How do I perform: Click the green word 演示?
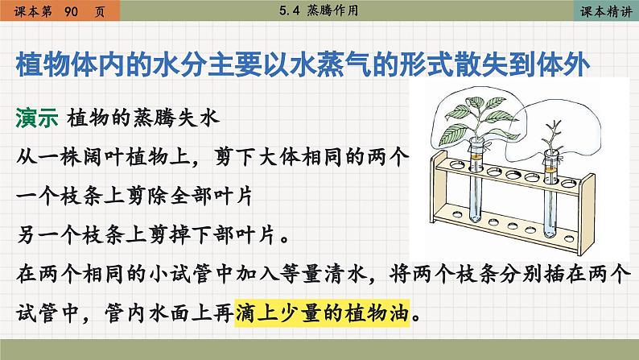click(x=37, y=118)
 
